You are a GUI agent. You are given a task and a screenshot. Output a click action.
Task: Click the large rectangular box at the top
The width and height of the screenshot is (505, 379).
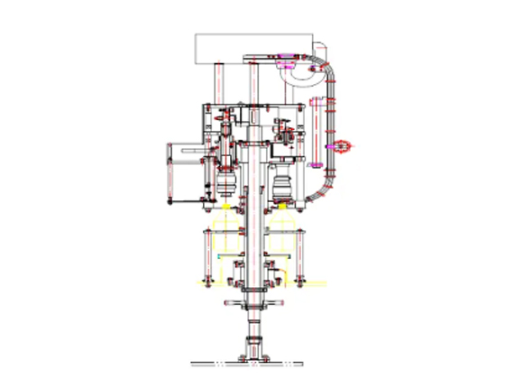pos(252,47)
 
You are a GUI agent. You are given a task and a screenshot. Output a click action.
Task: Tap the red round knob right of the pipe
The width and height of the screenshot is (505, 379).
pos(344,143)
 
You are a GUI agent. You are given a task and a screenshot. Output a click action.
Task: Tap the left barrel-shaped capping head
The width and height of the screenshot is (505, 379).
pos(225,185)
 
